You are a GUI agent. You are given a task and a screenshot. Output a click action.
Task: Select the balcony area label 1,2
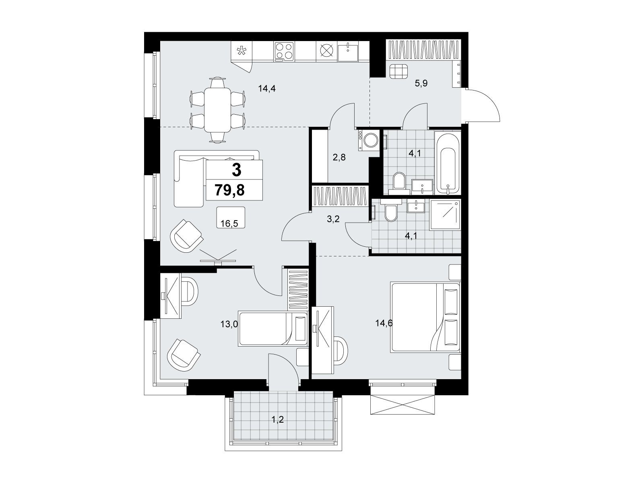278,420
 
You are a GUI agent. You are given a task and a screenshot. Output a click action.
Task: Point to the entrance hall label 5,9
421,83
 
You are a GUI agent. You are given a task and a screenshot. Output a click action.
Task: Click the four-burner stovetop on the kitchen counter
284,51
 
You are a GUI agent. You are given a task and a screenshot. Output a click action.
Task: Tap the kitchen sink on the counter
348,52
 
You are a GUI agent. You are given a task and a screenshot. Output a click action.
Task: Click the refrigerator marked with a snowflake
242,52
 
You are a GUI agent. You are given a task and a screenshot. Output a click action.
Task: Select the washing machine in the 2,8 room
369,140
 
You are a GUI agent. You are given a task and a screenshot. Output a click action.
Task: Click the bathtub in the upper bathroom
447,162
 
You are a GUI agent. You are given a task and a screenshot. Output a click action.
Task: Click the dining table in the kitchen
217,109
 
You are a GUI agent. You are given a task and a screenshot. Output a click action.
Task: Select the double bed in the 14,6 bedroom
425,317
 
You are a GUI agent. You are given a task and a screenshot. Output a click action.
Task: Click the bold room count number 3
236,170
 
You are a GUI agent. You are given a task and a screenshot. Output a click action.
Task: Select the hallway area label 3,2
333,219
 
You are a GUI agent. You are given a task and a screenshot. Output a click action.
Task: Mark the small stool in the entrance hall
399,71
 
